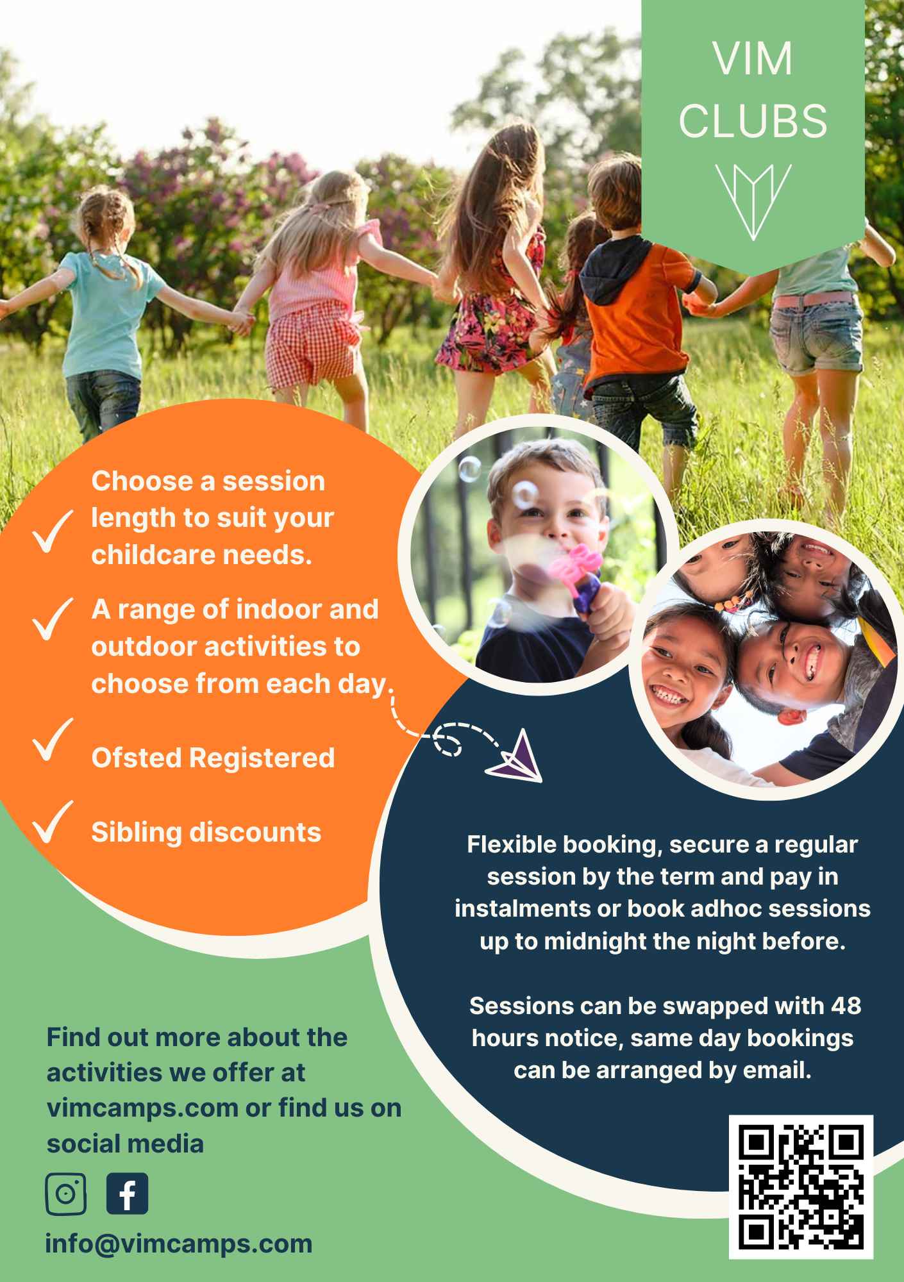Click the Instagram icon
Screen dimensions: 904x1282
tap(65, 1194)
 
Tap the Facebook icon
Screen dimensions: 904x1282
tap(127, 1194)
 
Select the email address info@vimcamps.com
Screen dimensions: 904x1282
tap(179, 1244)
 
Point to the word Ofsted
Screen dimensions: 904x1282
tap(136, 758)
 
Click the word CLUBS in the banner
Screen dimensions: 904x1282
tap(753, 120)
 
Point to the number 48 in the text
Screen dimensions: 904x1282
tap(846, 1005)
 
